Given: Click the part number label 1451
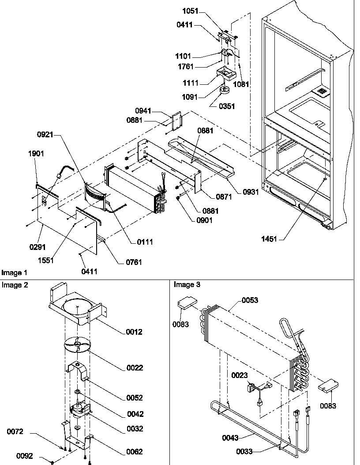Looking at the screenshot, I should point(269,239).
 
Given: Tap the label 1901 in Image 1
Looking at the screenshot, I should point(36,154).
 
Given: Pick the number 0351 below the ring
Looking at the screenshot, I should point(226,106).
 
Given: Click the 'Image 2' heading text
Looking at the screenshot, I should point(15,285).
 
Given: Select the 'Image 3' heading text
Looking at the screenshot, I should point(187,285).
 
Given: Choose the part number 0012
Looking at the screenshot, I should point(134,332).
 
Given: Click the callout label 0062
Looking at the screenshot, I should point(134,452).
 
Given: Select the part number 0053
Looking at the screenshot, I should point(250,300).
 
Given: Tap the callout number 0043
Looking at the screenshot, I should point(230,438).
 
